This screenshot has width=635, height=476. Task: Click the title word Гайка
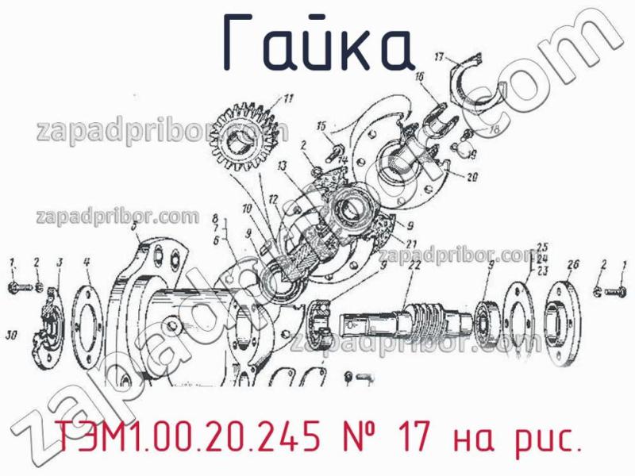tap(317, 44)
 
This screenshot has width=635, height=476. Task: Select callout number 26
tap(574, 264)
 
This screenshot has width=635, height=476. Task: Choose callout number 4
tap(87, 262)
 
